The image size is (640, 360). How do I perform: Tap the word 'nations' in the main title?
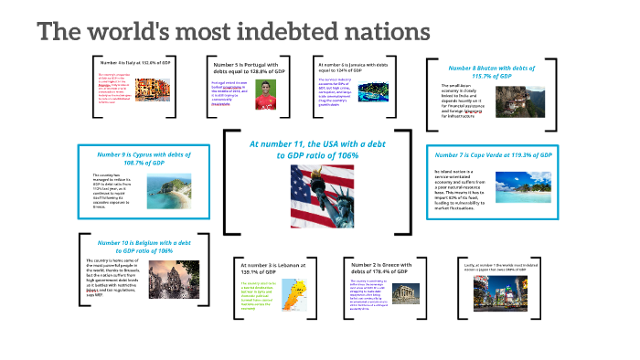(387, 32)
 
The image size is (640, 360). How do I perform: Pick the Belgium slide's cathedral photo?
(168, 285)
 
